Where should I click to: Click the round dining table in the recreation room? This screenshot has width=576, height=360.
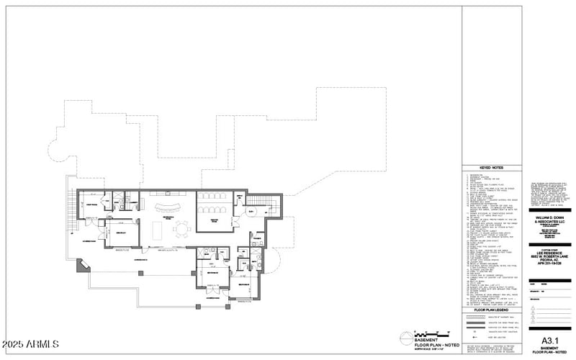[x=181, y=230]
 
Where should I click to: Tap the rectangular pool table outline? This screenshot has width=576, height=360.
[x=158, y=229]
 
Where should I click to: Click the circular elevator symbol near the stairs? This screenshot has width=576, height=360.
[x=252, y=212]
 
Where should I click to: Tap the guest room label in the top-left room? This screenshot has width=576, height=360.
[x=93, y=204]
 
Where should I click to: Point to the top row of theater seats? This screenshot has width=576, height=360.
[x=214, y=197]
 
